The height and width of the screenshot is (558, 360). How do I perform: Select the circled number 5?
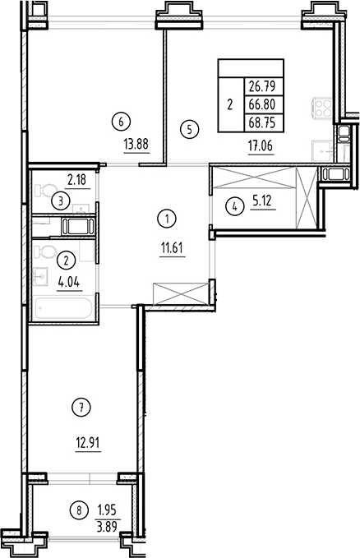point(189,128)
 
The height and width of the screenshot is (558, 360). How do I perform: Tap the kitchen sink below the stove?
point(323,149)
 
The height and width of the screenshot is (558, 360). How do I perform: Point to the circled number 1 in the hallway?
point(167,218)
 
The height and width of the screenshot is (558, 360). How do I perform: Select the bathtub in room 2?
point(62,310)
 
